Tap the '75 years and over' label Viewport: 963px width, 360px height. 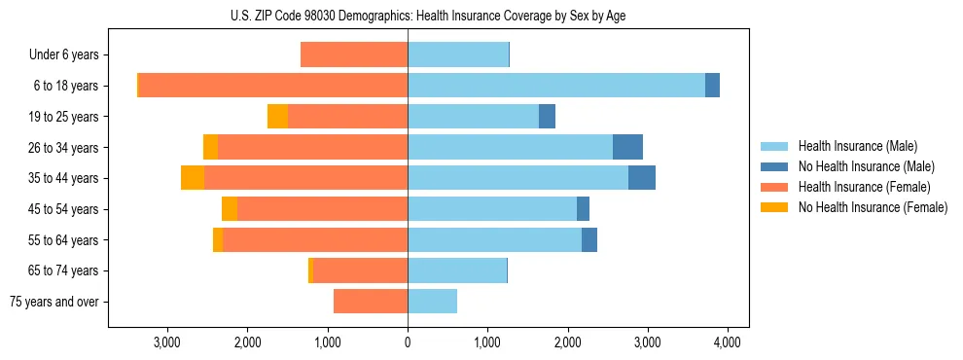(54, 302)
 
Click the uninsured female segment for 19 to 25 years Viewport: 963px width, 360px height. (277, 117)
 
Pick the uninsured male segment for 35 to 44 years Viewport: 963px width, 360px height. (642, 178)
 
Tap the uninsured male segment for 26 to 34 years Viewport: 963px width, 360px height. (627, 147)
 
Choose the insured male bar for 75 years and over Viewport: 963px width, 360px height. (432, 302)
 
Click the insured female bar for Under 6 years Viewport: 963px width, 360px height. (354, 55)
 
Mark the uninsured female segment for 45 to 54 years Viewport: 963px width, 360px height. (230, 209)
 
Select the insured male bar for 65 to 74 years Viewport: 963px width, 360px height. (457, 270)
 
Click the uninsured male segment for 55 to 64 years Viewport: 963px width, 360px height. (589, 239)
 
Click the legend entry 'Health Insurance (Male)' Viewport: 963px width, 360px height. (857, 146)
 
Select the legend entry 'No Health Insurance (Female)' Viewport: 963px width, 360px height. (873, 207)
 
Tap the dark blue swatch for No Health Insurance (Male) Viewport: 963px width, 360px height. (774, 166)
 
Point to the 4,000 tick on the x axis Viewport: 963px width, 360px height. (728, 342)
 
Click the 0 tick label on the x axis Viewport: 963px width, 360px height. (408, 342)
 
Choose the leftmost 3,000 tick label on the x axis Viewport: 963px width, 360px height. (167, 342)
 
